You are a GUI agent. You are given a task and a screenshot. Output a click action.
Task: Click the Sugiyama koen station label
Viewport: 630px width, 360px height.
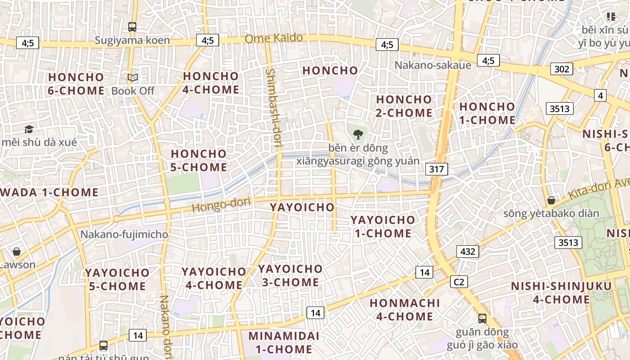point(132,40)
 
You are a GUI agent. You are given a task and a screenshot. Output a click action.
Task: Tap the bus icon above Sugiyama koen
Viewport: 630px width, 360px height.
point(132,27)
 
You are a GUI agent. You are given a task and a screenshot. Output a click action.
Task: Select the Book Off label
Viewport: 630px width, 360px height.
point(133,91)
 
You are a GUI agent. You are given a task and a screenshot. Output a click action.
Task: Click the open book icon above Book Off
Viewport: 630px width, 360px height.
point(133,78)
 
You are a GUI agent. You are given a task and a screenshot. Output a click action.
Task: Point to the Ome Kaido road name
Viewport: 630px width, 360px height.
point(274,38)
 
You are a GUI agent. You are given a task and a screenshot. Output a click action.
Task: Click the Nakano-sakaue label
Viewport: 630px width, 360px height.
point(433,65)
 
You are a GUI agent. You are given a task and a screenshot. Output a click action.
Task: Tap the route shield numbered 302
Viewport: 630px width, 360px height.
point(562,69)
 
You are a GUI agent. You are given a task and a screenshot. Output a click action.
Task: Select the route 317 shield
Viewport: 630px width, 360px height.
point(436,170)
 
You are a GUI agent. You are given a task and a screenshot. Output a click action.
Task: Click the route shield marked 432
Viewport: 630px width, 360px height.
point(468,252)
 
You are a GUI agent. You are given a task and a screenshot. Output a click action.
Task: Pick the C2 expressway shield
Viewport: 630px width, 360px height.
point(459,282)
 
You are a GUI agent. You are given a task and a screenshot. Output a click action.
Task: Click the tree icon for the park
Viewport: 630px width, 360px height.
point(358,134)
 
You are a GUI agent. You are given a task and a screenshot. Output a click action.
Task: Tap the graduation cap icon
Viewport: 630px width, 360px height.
point(29,130)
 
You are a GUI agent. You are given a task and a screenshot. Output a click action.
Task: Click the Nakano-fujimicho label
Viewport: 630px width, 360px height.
point(124,234)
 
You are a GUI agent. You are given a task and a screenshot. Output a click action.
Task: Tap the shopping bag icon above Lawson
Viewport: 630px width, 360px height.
point(17,252)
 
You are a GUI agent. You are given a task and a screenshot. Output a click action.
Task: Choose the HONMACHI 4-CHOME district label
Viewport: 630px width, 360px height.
point(405,310)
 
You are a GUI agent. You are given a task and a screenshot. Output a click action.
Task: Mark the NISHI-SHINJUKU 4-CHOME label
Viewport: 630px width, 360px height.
point(561,292)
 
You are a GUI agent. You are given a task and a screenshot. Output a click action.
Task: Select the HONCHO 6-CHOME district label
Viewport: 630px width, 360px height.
point(76,84)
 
